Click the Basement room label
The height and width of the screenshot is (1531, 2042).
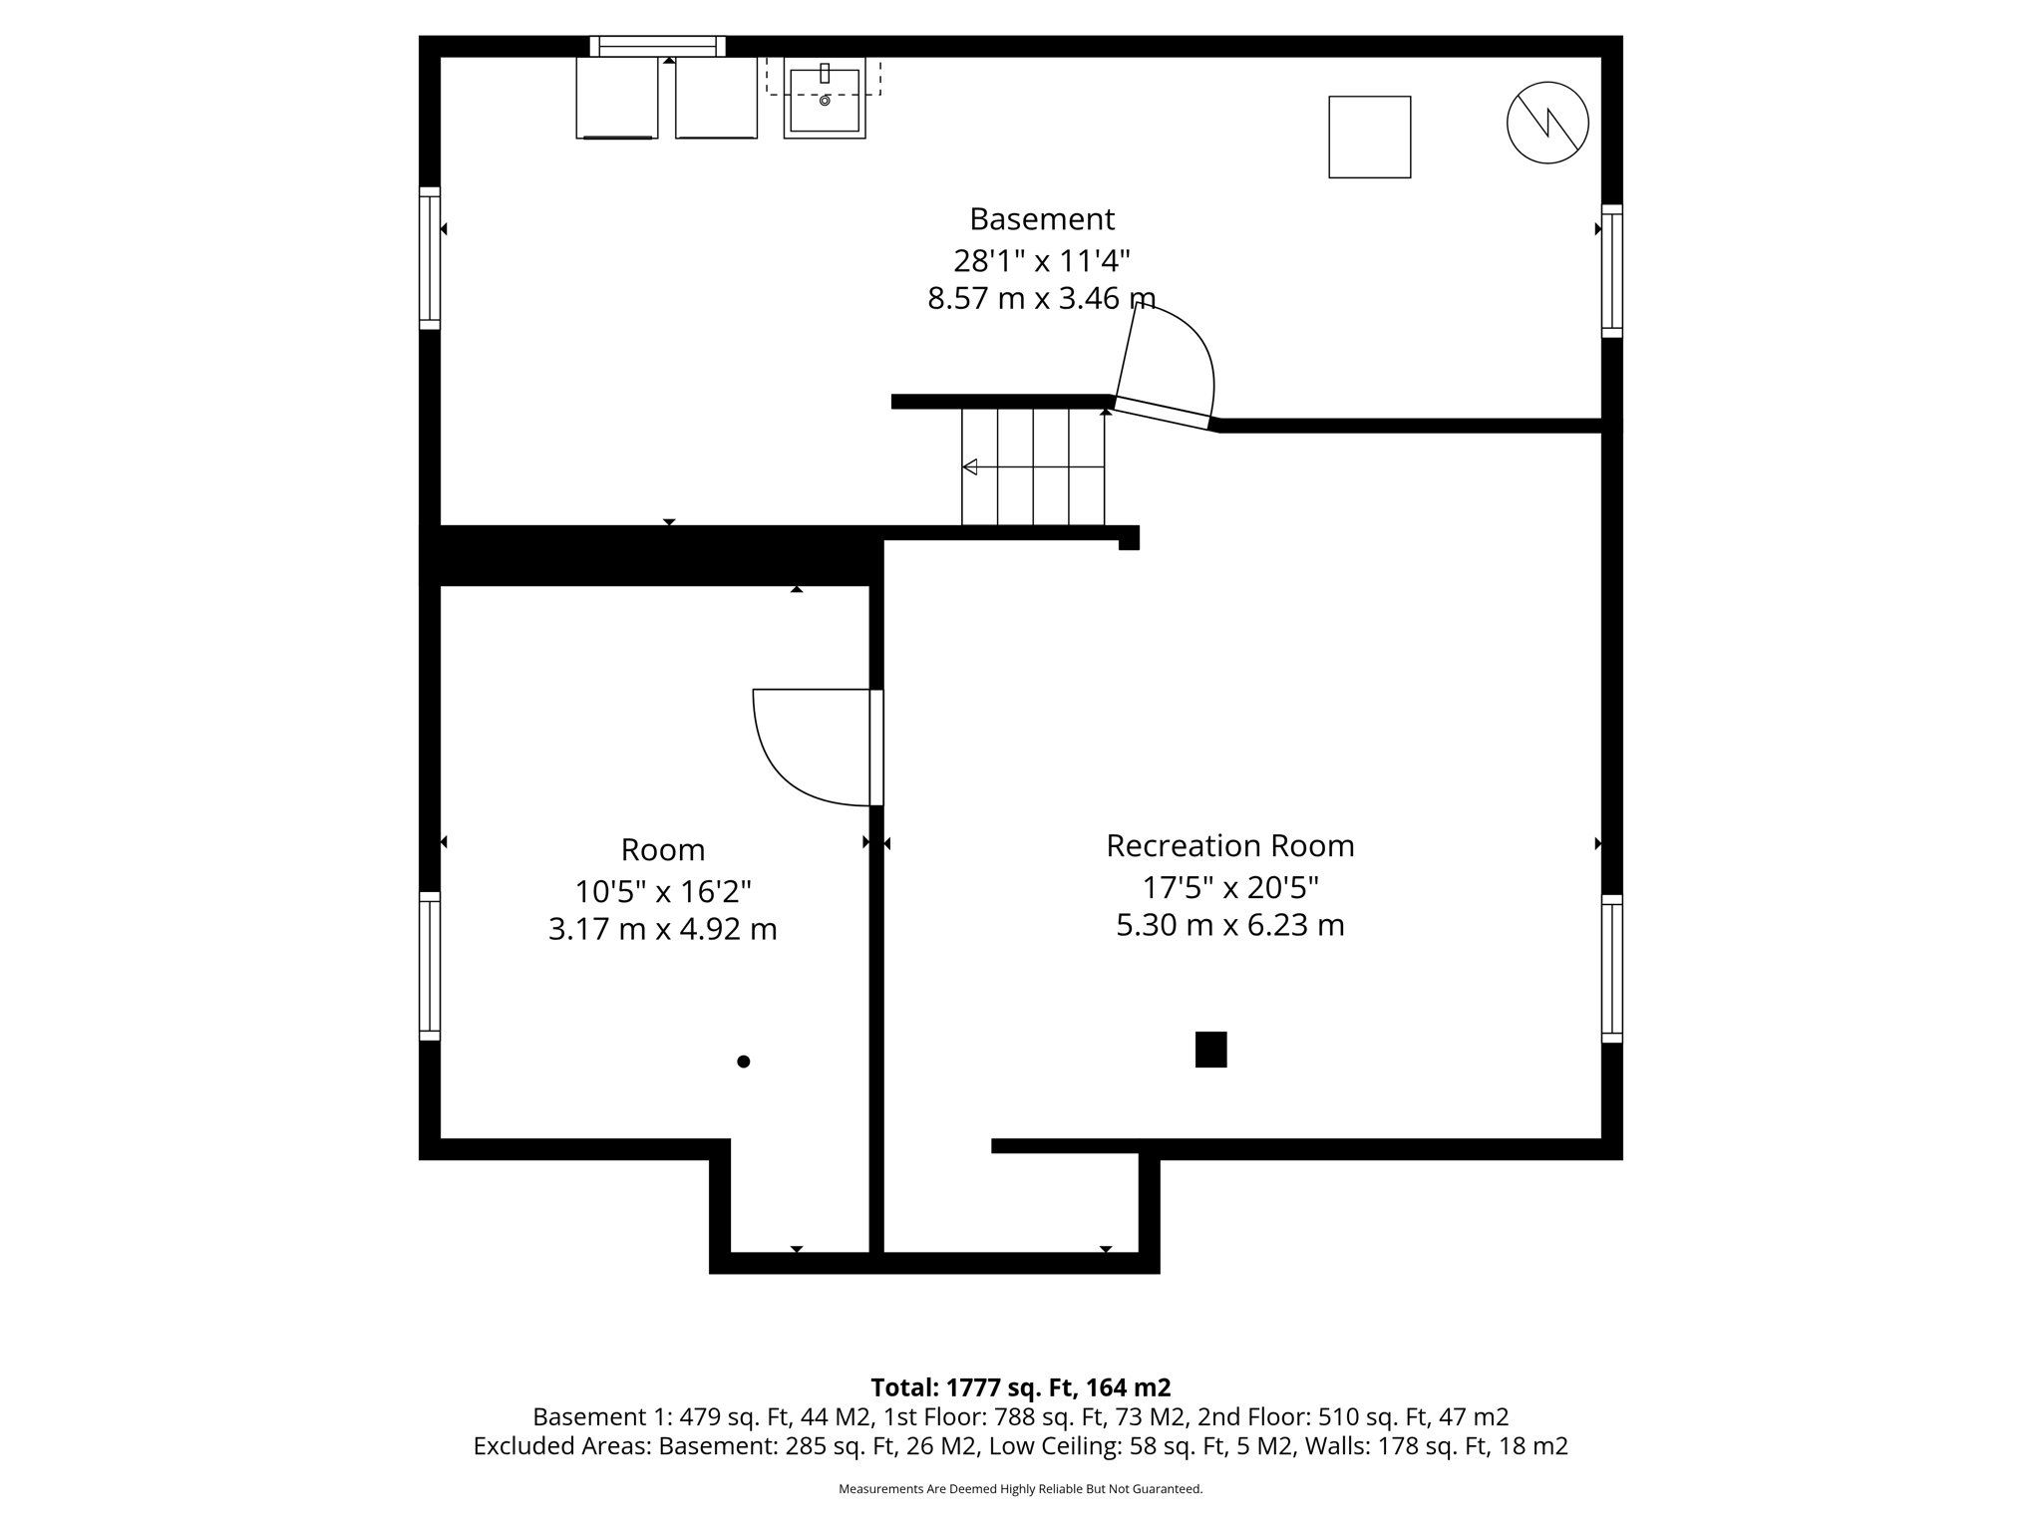click(x=1042, y=218)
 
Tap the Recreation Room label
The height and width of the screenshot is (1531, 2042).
click(x=1229, y=845)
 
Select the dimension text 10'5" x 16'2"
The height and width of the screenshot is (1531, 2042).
click(x=662, y=890)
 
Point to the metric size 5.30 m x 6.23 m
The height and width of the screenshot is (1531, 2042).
click(x=1229, y=925)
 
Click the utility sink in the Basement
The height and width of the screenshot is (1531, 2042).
click(x=824, y=100)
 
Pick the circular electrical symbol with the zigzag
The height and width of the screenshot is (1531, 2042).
click(x=1546, y=123)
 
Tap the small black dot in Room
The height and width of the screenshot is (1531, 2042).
click(x=743, y=1062)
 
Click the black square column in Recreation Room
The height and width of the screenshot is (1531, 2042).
click(x=1210, y=1050)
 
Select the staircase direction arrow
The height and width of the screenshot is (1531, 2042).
click(x=970, y=466)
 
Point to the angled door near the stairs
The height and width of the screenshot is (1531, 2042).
click(x=1162, y=413)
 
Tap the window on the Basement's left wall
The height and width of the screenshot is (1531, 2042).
click(x=429, y=258)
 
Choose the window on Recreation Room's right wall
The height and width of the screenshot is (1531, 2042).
click(x=1611, y=968)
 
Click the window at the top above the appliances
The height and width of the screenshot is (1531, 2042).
click(x=657, y=46)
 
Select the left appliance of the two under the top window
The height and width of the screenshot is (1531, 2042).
click(x=616, y=98)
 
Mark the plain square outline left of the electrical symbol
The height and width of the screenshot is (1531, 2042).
click(x=1369, y=137)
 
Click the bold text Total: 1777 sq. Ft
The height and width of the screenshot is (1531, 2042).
click(x=1020, y=1386)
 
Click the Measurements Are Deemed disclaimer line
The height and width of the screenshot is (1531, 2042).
click(x=1020, y=1489)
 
